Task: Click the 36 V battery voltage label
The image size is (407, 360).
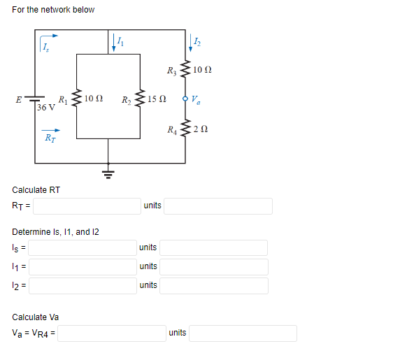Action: point(46,108)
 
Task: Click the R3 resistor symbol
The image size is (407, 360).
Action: point(185,70)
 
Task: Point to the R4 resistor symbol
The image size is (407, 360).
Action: point(185,129)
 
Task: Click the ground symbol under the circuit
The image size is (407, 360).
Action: point(108,172)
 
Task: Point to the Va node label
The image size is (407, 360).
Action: point(197,99)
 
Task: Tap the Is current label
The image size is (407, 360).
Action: point(45,47)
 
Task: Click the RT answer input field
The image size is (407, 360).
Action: point(86,206)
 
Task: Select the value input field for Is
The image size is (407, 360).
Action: point(83,247)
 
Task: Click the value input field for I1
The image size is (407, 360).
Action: point(83,266)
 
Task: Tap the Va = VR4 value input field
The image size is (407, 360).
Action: point(110,333)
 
